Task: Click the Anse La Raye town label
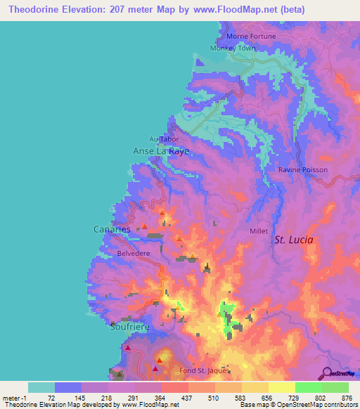(x=161, y=151)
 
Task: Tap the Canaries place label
(x=112, y=229)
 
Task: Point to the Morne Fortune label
(x=251, y=36)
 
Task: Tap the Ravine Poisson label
(x=300, y=170)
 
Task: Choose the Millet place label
(x=259, y=231)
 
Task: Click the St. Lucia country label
(x=293, y=240)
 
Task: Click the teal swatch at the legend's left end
(x=41, y=387)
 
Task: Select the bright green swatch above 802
(x=309, y=387)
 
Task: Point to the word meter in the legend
(x=12, y=397)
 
